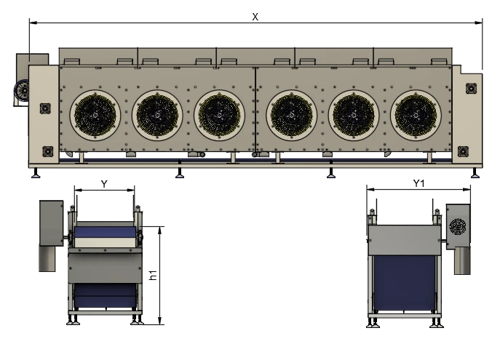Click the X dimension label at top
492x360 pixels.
(255, 17)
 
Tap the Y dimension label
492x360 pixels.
(104, 184)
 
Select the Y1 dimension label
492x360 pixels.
(418, 183)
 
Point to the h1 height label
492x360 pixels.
(153, 275)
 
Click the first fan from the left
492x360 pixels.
(95, 116)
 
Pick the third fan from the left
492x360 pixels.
(219, 116)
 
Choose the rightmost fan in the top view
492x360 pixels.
(416, 116)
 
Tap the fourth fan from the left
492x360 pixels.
(292, 116)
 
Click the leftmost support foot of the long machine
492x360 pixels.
(36, 173)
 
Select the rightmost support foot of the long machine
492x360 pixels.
(475, 173)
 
